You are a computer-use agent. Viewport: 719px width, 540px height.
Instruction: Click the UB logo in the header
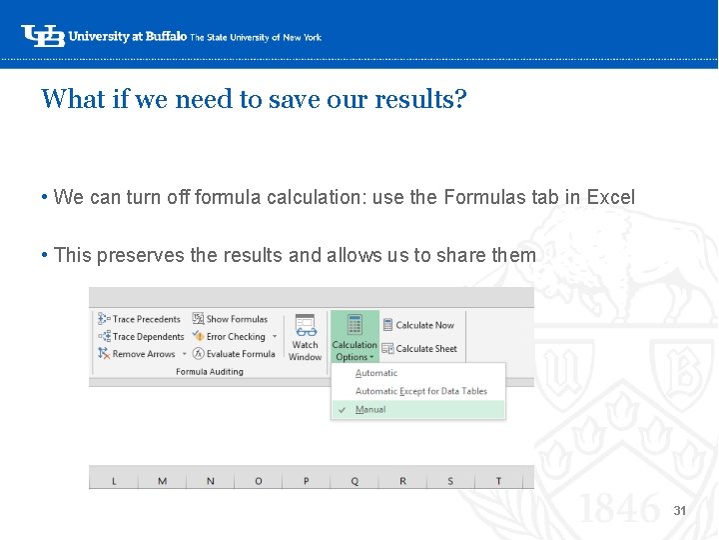[x=42, y=36]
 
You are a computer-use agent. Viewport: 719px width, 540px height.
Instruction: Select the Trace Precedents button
[x=140, y=319]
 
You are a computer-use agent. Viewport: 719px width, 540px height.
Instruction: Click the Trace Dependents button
[x=142, y=337]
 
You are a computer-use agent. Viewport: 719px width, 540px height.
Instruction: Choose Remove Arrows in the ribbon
[x=138, y=354]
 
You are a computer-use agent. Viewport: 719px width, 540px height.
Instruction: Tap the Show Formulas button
[x=231, y=319]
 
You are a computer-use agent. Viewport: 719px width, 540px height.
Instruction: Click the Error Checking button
[x=231, y=337]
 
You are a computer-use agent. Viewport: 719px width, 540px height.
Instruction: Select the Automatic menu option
[x=376, y=373]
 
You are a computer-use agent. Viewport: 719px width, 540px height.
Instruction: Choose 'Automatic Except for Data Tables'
[x=421, y=391]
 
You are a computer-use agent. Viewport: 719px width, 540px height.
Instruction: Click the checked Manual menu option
[x=370, y=409]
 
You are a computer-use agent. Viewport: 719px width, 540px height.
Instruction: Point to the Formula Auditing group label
[x=210, y=372]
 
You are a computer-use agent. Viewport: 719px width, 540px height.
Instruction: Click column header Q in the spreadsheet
[x=355, y=481]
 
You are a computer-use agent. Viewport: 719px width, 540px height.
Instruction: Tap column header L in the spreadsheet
[x=114, y=481]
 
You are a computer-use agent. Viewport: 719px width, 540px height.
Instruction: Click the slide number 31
[x=680, y=511]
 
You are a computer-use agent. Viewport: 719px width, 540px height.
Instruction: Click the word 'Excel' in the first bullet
[x=610, y=197]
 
